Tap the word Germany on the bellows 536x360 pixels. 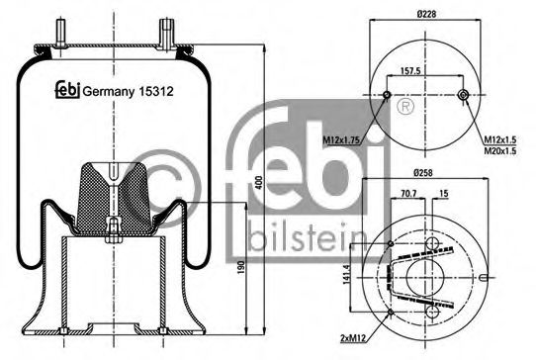109,87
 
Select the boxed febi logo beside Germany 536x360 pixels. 66,87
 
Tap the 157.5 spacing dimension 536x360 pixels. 426,71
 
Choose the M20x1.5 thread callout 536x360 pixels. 503,151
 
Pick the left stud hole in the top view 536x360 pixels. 387,96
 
